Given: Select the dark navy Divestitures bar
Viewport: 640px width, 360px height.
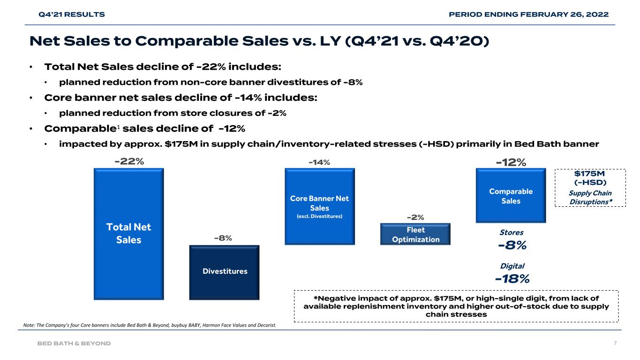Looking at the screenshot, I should (x=224, y=272).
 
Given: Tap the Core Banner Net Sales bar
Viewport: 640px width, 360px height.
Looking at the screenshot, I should (x=319, y=206).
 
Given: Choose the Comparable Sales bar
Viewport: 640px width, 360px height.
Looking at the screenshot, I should (x=511, y=195).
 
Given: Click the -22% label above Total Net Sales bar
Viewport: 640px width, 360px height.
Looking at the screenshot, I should (x=129, y=162).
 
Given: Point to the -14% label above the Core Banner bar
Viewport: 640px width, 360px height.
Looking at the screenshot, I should (x=319, y=162).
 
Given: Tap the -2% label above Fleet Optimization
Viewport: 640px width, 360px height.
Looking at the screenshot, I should (x=415, y=217).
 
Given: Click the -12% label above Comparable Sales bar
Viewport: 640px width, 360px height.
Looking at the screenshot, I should (x=511, y=162).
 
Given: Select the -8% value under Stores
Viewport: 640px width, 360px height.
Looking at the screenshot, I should (x=511, y=245).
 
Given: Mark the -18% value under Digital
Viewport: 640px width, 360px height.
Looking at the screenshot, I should (x=512, y=279).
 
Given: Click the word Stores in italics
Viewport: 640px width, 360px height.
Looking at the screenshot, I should (x=511, y=232).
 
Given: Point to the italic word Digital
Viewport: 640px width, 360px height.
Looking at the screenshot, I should (x=511, y=266).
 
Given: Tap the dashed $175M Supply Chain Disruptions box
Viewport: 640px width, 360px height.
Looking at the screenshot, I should (x=590, y=187).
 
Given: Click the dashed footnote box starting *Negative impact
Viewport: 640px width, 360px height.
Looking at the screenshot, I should (x=456, y=306).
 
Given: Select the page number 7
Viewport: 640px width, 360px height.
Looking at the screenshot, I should (x=615, y=343).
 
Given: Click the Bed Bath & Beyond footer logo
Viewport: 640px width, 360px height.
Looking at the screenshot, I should (x=74, y=343).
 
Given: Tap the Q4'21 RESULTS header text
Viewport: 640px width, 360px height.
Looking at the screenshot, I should (x=71, y=15).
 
